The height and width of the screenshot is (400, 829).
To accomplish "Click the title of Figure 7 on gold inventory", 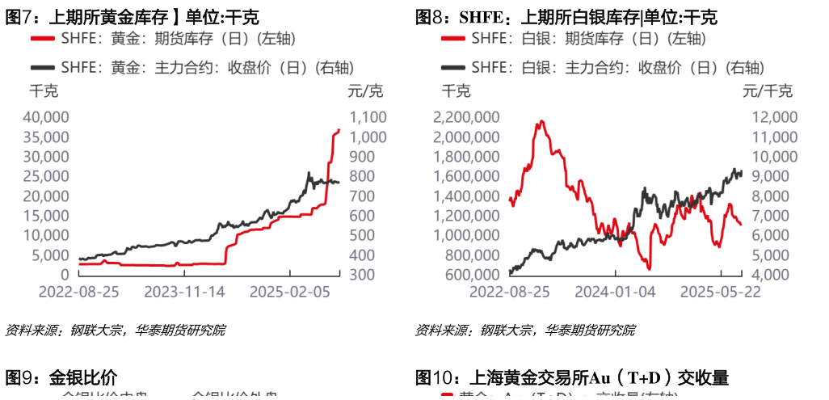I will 133,18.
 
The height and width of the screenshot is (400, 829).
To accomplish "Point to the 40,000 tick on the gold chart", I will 47,117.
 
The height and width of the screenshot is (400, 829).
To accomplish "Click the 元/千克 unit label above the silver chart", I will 768,90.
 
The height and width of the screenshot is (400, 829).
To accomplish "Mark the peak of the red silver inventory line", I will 540,122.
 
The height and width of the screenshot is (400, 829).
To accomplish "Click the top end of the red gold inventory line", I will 339,129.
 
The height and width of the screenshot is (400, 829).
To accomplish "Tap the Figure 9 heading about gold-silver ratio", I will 62,377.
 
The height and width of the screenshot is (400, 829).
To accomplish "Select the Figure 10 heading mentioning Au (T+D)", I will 572,377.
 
